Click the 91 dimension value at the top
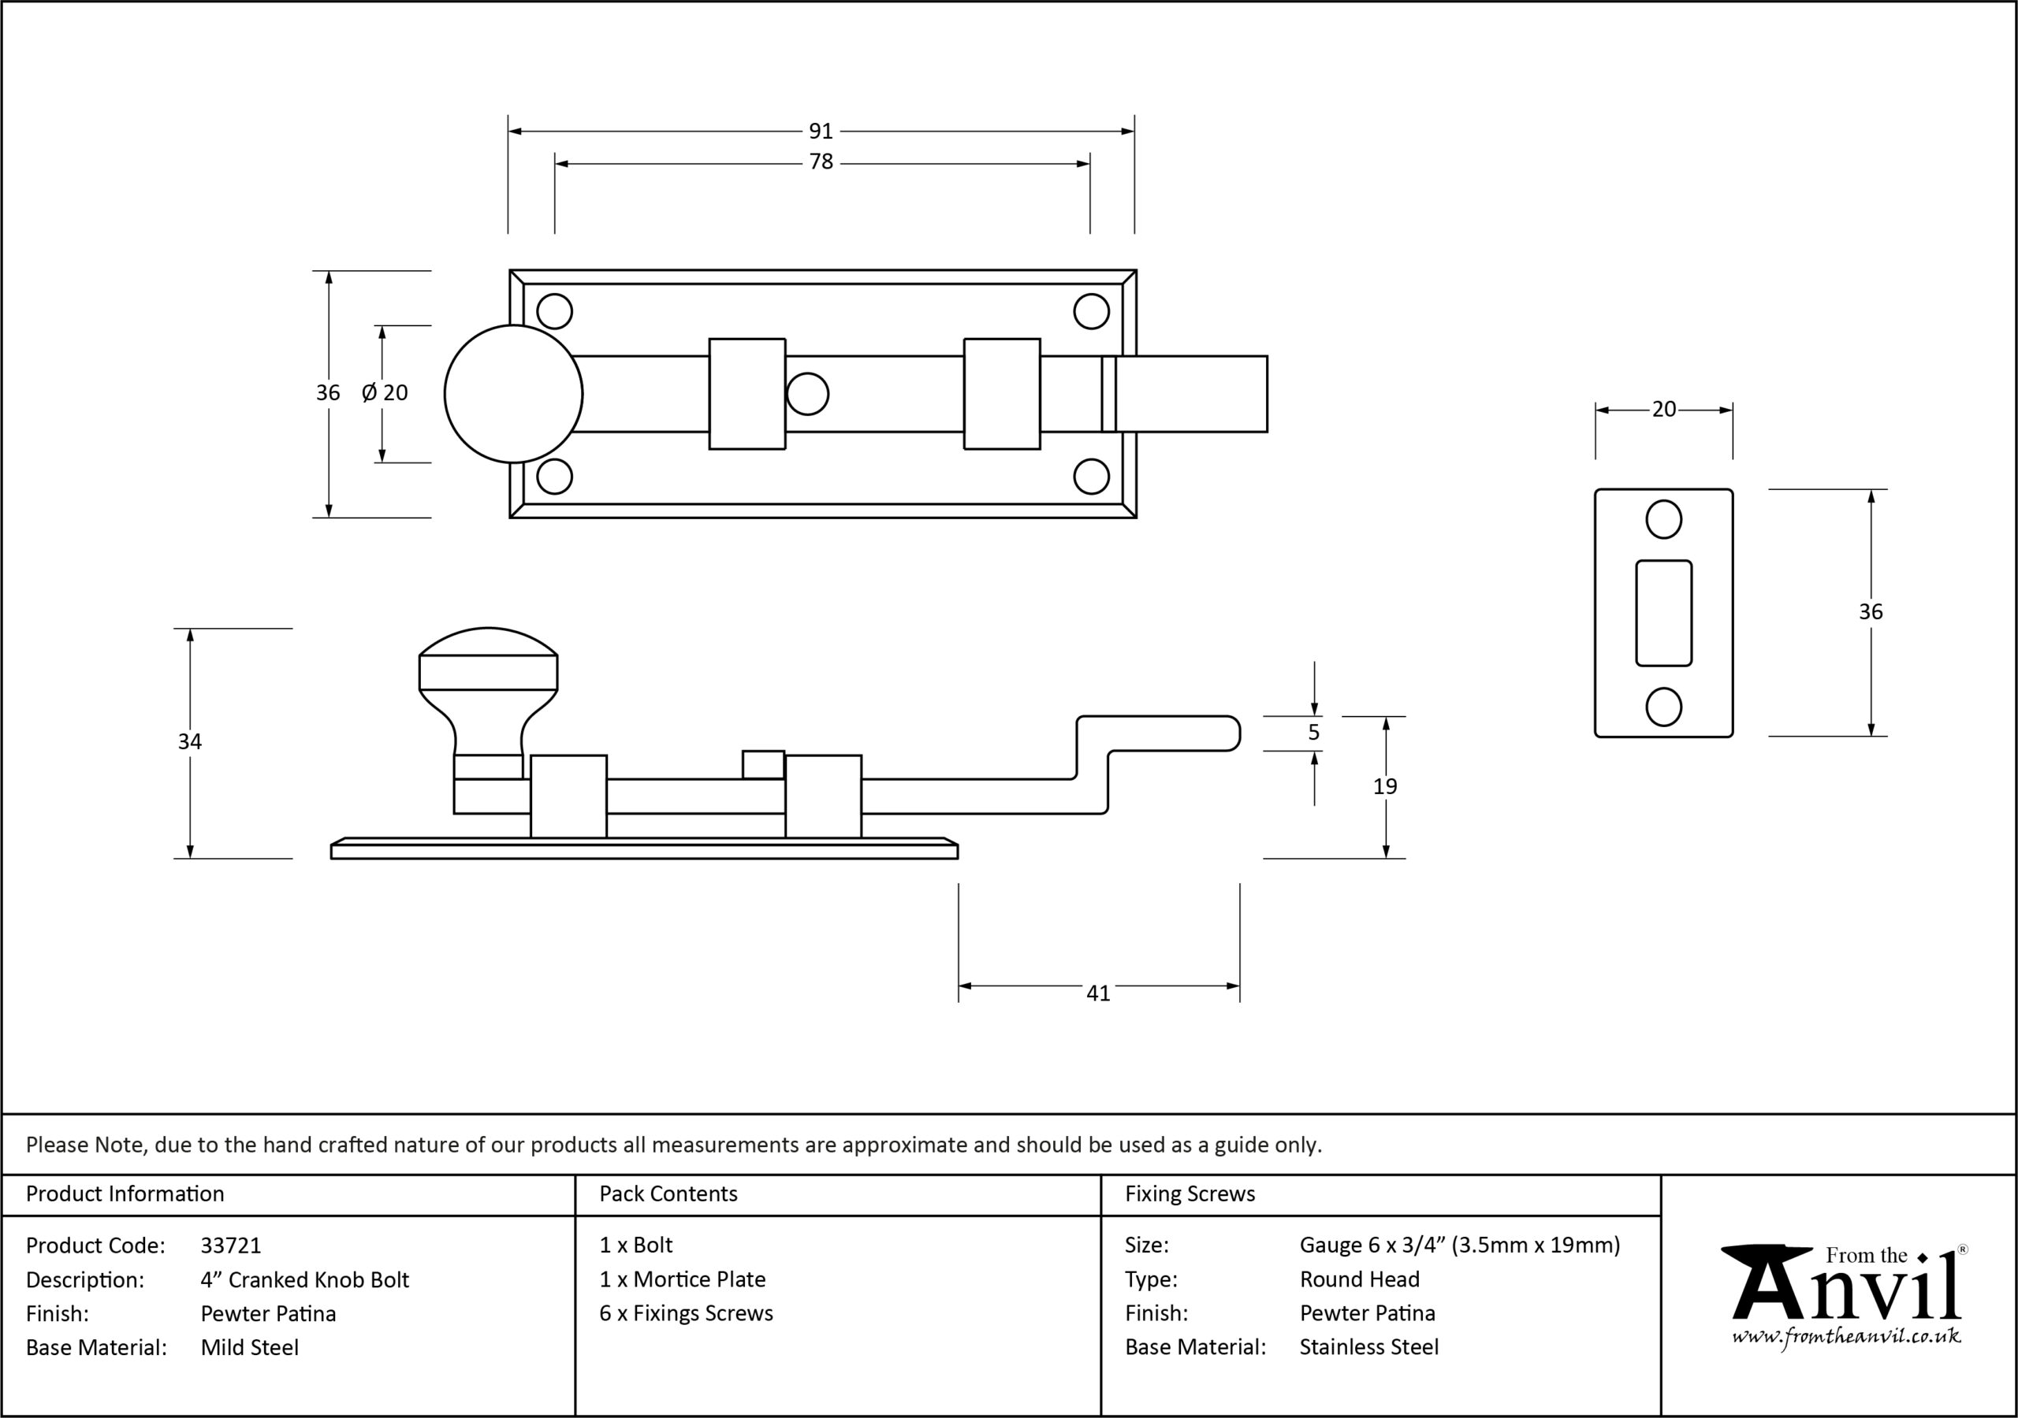[820, 131]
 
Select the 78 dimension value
[821, 162]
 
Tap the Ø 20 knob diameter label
[385, 393]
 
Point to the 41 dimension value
[1098, 993]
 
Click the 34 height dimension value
[190, 742]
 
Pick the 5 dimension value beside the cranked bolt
[1314, 733]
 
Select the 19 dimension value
[1385, 786]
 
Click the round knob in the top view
[513, 394]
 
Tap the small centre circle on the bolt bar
[807, 394]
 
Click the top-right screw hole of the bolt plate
[1092, 311]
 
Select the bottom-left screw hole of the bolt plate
[555, 476]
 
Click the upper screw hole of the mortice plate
[1664, 519]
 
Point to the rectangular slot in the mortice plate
[1664, 613]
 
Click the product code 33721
[231, 1245]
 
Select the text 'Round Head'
[1360, 1279]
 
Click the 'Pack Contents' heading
[668, 1194]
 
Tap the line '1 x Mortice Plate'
[682, 1279]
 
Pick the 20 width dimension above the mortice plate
[1664, 410]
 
